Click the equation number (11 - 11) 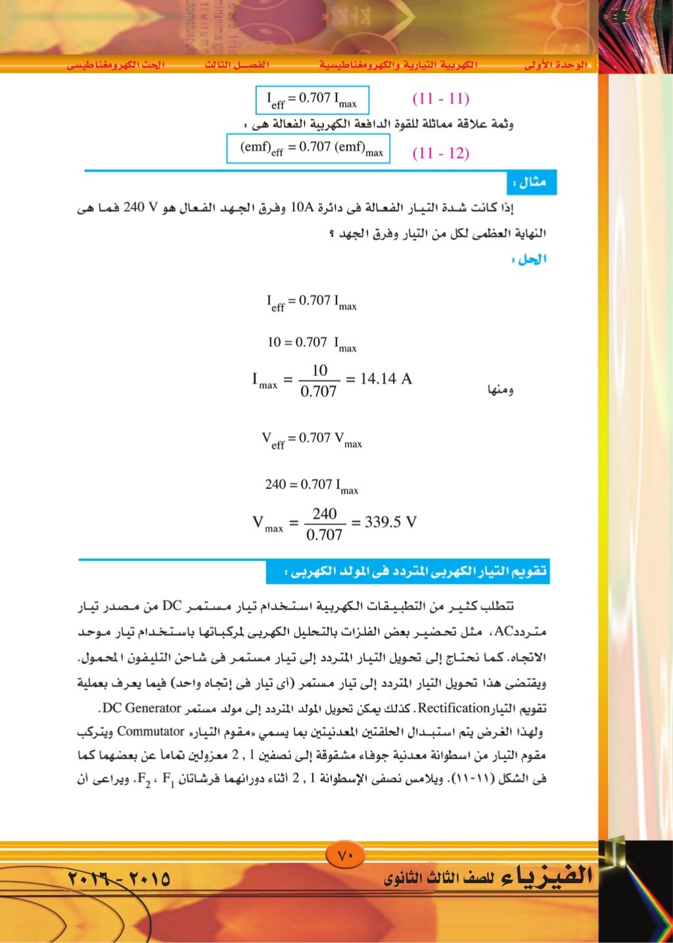(440, 99)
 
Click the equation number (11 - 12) (440, 153)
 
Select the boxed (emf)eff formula (308, 148)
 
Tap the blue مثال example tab (532, 182)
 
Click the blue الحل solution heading (532, 259)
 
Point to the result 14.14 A (386, 379)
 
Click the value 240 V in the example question (141, 209)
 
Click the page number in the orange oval (346, 856)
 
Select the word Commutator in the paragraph (151, 731)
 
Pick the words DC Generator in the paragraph (142, 708)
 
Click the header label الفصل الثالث (237, 65)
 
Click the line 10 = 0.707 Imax (312, 343)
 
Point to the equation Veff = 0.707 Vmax (312, 439)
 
